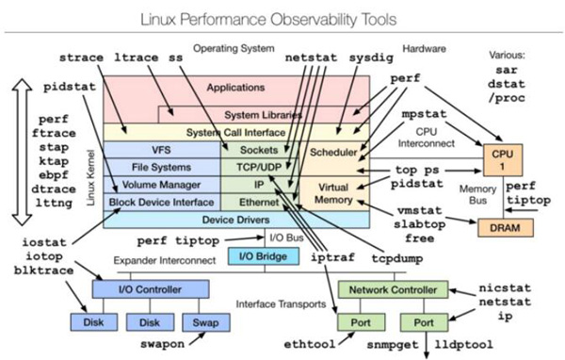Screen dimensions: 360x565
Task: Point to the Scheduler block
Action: click(x=335, y=150)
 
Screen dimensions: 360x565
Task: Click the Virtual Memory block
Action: click(x=335, y=193)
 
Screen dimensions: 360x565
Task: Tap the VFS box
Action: click(x=160, y=150)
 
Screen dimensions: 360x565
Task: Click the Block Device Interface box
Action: click(x=161, y=202)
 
